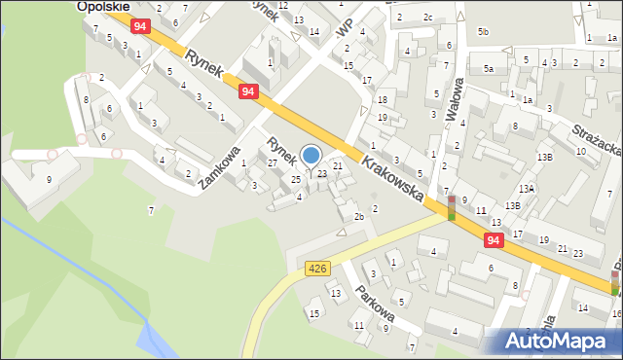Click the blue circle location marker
(x=311, y=155)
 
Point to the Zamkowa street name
(x=220, y=168)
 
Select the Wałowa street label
(x=453, y=98)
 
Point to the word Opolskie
(x=103, y=6)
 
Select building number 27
(x=273, y=162)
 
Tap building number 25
(x=296, y=179)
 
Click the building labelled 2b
(x=358, y=216)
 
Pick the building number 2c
(x=427, y=17)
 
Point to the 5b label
(x=484, y=32)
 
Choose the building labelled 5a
(x=489, y=69)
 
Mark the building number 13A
(x=526, y=189)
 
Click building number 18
(x=383, y=99)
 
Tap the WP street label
(x=343, y=29)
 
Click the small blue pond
(x=156, y=340)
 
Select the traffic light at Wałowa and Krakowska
(x=451, y=207)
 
